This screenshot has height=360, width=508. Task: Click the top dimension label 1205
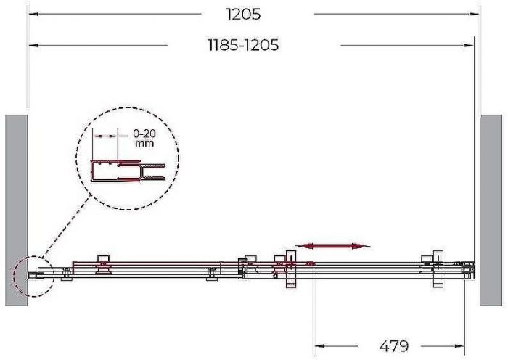click(243, 15)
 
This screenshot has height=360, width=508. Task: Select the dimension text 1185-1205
click(243, 45)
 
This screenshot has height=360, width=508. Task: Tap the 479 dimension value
click(393, 346)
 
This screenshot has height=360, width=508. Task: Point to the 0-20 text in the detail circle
click(144, 133)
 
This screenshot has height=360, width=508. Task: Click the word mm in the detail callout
click(144, 143)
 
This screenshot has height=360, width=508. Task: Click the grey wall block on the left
click(16, 210)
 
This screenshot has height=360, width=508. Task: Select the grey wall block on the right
click(491, 210)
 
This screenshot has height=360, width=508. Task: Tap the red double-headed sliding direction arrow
click(332, 246)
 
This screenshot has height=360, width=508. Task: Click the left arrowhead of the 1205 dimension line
click(33, 15)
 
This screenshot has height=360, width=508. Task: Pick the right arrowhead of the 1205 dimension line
click(475, 15)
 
